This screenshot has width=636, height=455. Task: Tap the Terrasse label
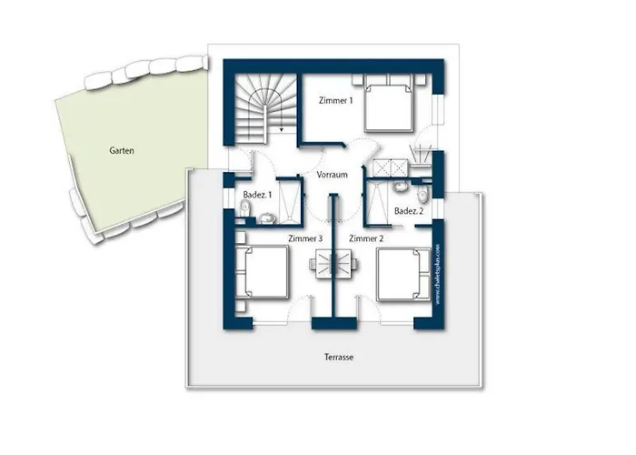[x=337, y=358]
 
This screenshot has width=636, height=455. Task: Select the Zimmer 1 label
[x=335, y=101]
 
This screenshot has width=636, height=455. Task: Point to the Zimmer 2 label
[x=366, y=238]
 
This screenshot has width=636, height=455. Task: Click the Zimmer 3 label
[x=304, y=238]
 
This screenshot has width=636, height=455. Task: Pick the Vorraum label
[x=333, y=175]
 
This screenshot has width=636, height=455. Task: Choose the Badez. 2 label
[x=408, y=211]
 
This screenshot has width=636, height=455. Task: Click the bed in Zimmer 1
[x=390, y=106]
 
